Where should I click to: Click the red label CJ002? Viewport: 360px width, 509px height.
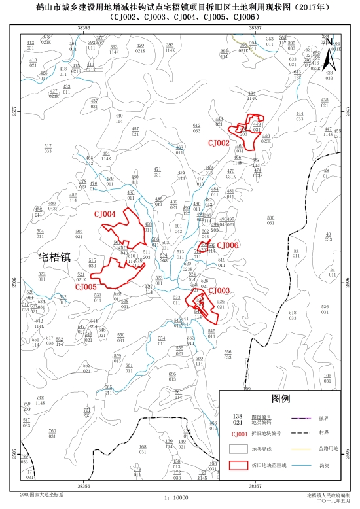point(219,143)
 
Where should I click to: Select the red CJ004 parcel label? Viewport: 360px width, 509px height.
point(104,214)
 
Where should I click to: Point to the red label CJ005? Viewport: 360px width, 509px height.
point(86,287)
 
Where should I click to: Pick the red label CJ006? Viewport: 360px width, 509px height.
point(227,245)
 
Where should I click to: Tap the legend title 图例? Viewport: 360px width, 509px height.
point(281,398)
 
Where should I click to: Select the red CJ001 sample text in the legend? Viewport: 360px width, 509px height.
point(239,433)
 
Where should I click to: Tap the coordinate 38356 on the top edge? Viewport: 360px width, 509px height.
point(83,28)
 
